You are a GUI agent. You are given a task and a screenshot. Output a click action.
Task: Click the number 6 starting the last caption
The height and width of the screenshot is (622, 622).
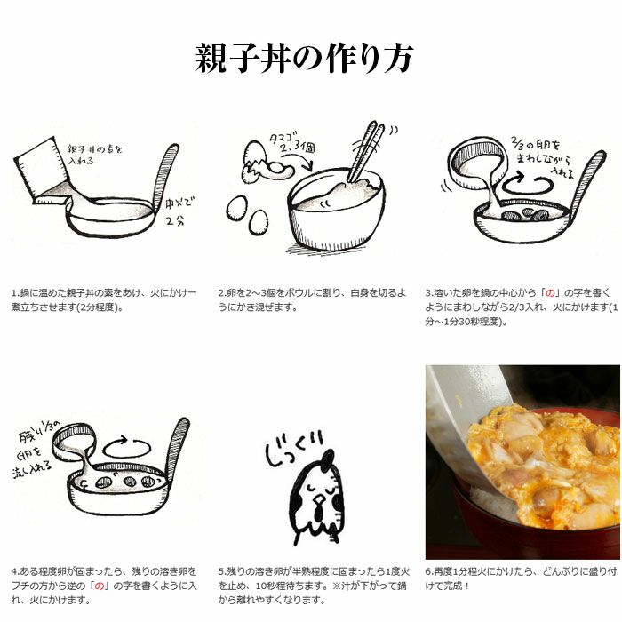point(427,570)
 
